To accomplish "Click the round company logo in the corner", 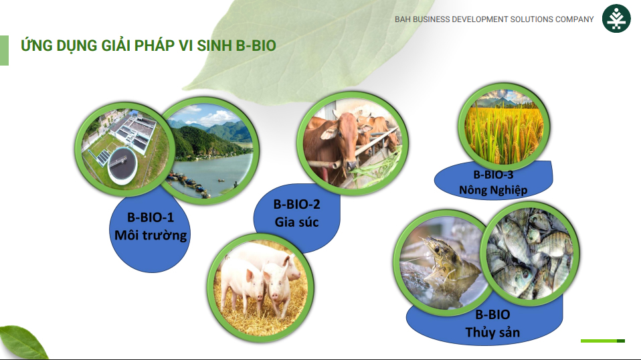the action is click(x=616, y=18).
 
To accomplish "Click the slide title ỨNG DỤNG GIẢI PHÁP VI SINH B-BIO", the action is click(x=149, y=45).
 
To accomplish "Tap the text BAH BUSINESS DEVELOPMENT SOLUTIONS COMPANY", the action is click(x=494, y=19).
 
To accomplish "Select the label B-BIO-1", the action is click(x=151, y=217).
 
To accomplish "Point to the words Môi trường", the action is click(x=151, y=236).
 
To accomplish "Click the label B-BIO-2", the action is click(x=297, y=204).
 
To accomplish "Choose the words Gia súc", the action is click(x=297, y=222).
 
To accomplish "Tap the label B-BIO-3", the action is click(x=493, y=175).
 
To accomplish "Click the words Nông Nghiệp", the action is click(x=493, y=190).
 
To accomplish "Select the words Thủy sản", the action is click(x=492, y=332).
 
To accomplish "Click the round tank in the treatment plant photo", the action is click(x=122, y=166).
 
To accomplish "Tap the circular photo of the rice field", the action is click(x=505, y=126).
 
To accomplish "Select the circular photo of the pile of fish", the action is click(x=530, y=252).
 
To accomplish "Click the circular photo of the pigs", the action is click(x=261, y=287).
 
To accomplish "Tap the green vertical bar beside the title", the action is click(x=4, y=50).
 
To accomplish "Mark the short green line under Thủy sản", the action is click(x=603, y=341).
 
